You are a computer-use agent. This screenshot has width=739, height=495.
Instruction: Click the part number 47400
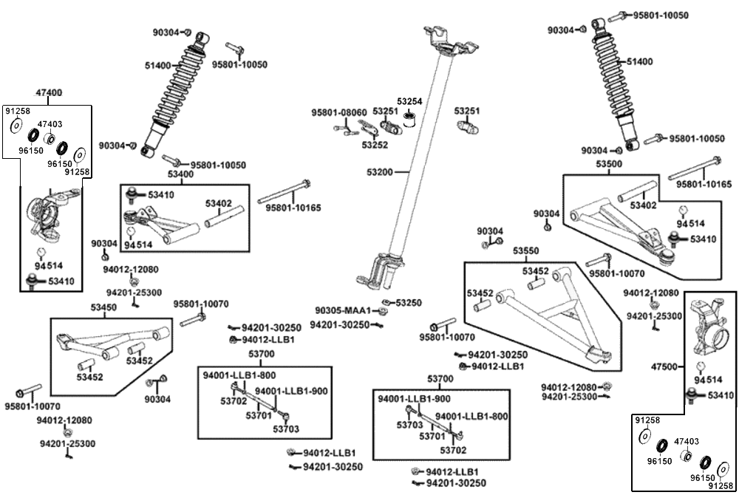click(x=49, y=93)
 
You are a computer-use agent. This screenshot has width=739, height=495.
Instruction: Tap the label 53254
click(x=409, y=101)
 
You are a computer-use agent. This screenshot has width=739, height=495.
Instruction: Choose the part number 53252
click(x=375, y=145)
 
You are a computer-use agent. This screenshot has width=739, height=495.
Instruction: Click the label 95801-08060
click(x=339, y=112)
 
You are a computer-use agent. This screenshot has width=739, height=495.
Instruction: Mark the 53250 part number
click(x=409, y=303)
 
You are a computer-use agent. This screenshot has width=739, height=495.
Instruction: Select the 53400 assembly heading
click(x=181, y=174)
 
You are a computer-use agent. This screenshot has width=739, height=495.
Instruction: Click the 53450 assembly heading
click(x=103, y=307)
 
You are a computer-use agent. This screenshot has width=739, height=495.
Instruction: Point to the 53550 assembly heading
click(x=526, y=251)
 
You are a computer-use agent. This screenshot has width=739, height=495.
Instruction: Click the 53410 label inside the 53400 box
click(x=162, y=194)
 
